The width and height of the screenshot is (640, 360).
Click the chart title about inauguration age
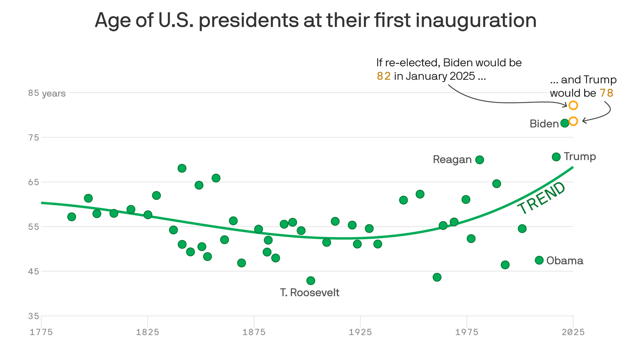[315, 21]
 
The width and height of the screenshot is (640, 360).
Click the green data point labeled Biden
[565, 123]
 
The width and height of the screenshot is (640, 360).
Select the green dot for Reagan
[479, 160]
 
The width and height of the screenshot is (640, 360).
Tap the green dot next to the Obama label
[539, 260]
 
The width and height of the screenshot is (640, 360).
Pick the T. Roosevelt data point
[311, 281]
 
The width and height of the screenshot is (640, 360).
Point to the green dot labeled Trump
[556, 157]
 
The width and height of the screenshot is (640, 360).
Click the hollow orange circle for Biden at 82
[573, 105]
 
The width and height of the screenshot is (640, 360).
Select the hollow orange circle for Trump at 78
[573, 121]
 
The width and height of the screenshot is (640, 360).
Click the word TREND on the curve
[542, 198]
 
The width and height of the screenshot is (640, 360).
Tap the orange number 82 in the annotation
[384, 76]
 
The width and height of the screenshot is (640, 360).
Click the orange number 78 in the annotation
[606, 93]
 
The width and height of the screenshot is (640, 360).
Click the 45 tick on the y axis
[34, 271]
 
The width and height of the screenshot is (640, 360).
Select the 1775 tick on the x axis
[41, 332]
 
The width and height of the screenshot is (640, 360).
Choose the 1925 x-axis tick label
[360, 332]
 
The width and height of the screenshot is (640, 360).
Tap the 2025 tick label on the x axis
[573, 332]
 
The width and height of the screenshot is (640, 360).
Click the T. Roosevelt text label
[310, 293]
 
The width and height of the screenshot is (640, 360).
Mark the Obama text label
[565, 261]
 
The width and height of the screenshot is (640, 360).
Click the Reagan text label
[452, 160]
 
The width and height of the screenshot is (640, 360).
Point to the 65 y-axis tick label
[34, 182]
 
